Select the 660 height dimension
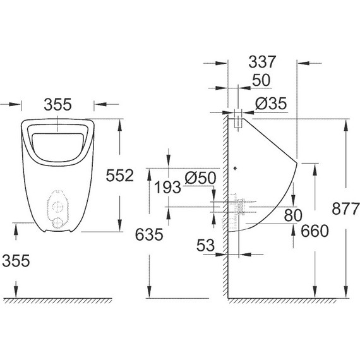(x=315, y=231)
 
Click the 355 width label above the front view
(x=58, y=104)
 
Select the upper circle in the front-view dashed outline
(x=57, y=207)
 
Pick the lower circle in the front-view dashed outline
(x=57, y=222)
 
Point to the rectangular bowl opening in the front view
(x=57, y=145)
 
